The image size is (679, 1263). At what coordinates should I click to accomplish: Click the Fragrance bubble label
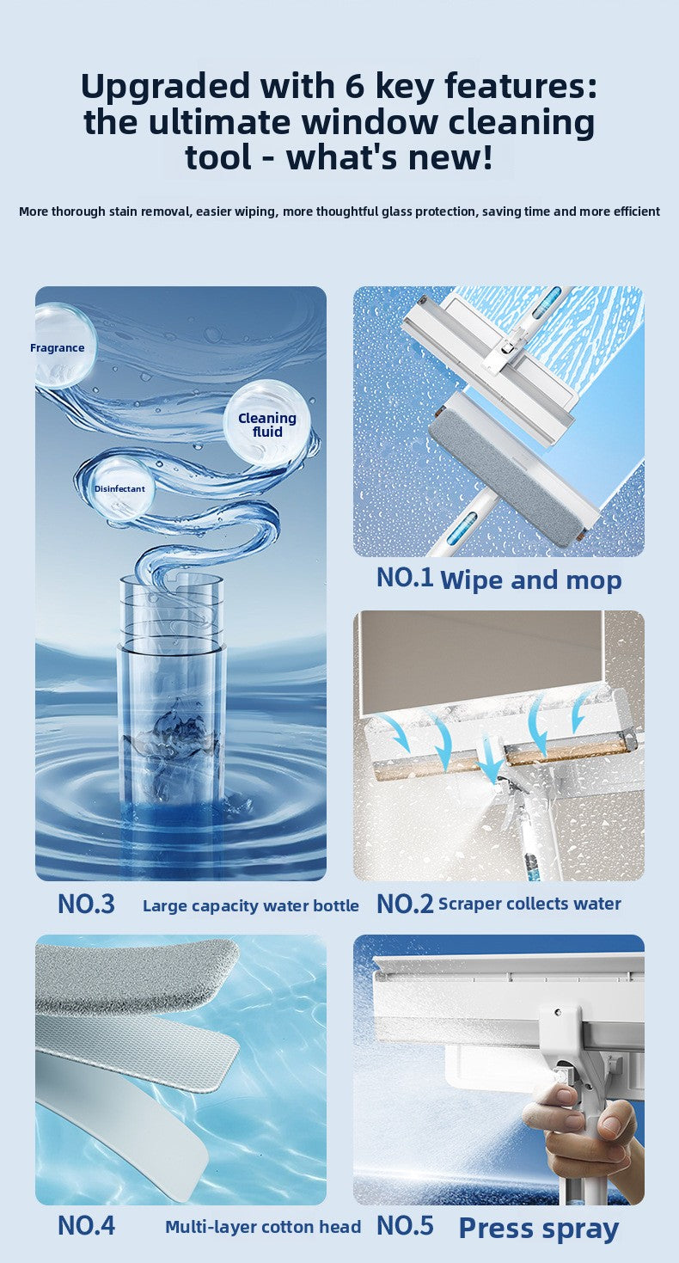tap(58, 348)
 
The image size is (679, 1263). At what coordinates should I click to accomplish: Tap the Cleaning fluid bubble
tap(267, 425)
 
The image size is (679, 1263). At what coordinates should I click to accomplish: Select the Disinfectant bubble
tap(120, 489)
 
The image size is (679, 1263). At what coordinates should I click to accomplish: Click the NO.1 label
tap(404, 578)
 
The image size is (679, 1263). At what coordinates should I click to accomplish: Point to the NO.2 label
tap(405, 904)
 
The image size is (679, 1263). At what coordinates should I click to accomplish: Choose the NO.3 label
tap(86, 904)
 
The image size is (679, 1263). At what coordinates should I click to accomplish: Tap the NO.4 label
tap(86, 1225)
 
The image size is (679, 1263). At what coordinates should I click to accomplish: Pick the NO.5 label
tap(405, 1225)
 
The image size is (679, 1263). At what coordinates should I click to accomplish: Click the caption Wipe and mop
tap(530, 580)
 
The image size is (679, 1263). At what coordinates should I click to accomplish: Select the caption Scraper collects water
tap(529, 904)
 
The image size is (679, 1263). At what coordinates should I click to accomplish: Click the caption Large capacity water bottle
tap(251, 905)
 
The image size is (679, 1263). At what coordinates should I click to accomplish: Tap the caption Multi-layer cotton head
tap(263, 1227)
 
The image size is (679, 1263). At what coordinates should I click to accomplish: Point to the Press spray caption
tap(539, 1228)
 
